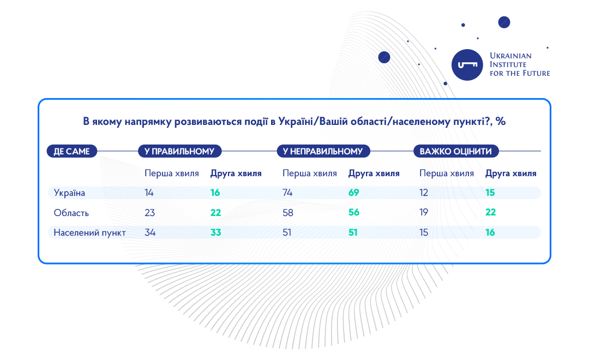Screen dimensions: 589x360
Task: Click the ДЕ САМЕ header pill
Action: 72,151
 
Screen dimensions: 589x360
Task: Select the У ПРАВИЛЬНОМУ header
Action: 179,151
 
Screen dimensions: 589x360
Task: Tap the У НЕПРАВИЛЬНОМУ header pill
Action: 323,151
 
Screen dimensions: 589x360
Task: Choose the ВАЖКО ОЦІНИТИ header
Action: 455,151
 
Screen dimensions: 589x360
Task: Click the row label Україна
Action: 69,193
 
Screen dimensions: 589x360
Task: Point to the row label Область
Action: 71,213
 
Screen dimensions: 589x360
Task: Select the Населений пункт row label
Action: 90,232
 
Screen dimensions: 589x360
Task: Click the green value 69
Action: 353,193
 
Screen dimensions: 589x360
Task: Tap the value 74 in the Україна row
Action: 287,193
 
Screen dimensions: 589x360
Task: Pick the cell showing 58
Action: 288,213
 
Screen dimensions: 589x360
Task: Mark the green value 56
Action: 354,212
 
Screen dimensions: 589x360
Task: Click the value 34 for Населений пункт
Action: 150,232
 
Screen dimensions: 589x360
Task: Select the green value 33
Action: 215,232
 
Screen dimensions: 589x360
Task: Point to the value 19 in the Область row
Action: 424,212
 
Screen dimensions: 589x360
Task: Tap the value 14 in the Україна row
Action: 149,193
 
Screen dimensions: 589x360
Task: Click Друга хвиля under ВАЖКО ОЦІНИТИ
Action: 511,173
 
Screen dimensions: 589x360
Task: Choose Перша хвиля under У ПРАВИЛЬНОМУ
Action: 172,173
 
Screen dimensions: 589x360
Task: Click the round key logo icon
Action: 467,64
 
